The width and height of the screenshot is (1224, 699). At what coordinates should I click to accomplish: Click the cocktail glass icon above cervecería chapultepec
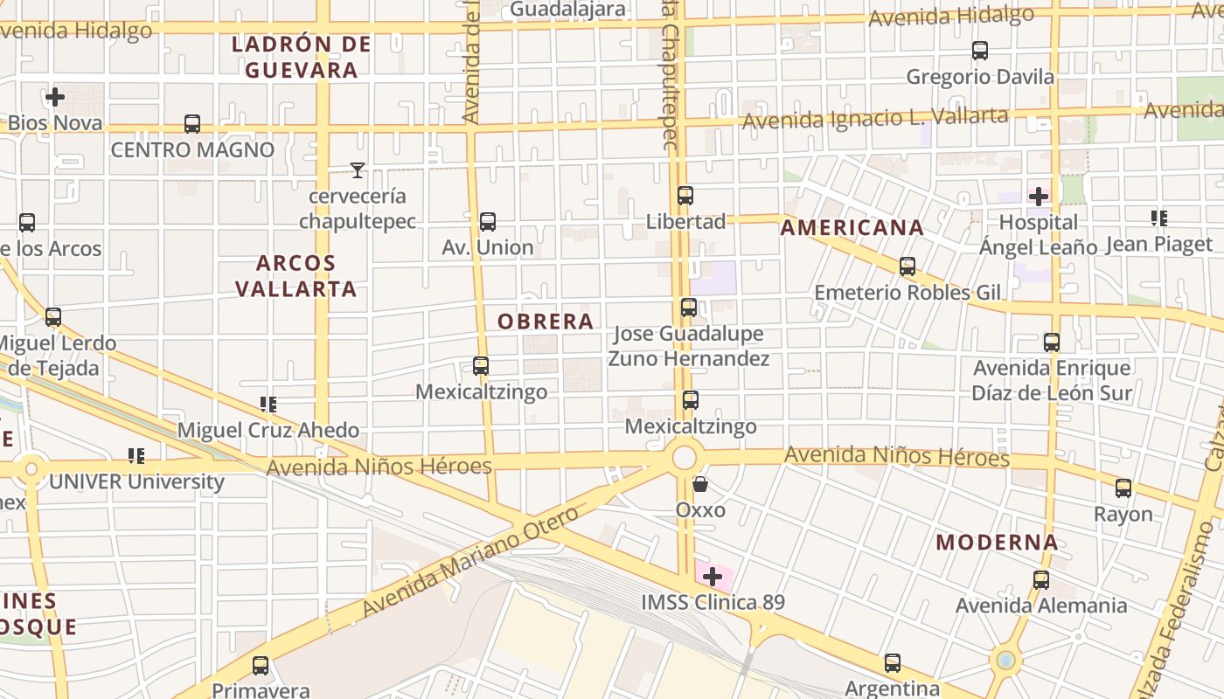pos(357,170)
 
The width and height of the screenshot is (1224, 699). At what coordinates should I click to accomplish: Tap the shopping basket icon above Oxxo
pos(700,483)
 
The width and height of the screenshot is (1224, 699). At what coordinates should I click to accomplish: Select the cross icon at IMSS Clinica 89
pos(713,577)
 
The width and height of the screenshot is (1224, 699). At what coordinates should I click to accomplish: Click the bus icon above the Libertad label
pos(685,196)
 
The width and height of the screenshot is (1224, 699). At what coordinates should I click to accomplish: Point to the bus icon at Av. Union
pos(488,222)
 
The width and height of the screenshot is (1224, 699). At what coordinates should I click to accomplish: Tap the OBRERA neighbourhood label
pos(546,322)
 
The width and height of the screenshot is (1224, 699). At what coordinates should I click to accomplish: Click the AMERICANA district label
pos(852,228)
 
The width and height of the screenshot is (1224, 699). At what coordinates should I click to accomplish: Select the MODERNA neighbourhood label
pos(997,543)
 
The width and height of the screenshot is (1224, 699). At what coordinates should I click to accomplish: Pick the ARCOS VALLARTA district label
pos(296,276)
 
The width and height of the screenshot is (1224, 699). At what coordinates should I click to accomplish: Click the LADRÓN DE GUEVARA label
pos(302,57)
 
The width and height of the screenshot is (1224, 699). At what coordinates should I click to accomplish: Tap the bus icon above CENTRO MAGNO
pos(192,124)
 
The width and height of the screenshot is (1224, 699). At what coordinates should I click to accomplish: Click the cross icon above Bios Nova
pos(55,97)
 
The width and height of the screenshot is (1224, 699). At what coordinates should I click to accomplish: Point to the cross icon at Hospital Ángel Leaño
pos(1039,197)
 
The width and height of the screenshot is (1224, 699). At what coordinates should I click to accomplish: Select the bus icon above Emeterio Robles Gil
pos(908,266)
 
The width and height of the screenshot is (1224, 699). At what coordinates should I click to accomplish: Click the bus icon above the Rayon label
pos(1123,488)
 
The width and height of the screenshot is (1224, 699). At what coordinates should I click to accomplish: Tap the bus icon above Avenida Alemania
pos(1040,580)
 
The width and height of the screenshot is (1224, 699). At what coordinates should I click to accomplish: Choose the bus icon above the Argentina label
pos(892,663)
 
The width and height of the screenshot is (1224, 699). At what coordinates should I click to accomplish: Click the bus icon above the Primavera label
pos(261,666)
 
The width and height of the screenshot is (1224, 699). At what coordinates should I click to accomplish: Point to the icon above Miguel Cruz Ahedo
pos(268,405)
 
